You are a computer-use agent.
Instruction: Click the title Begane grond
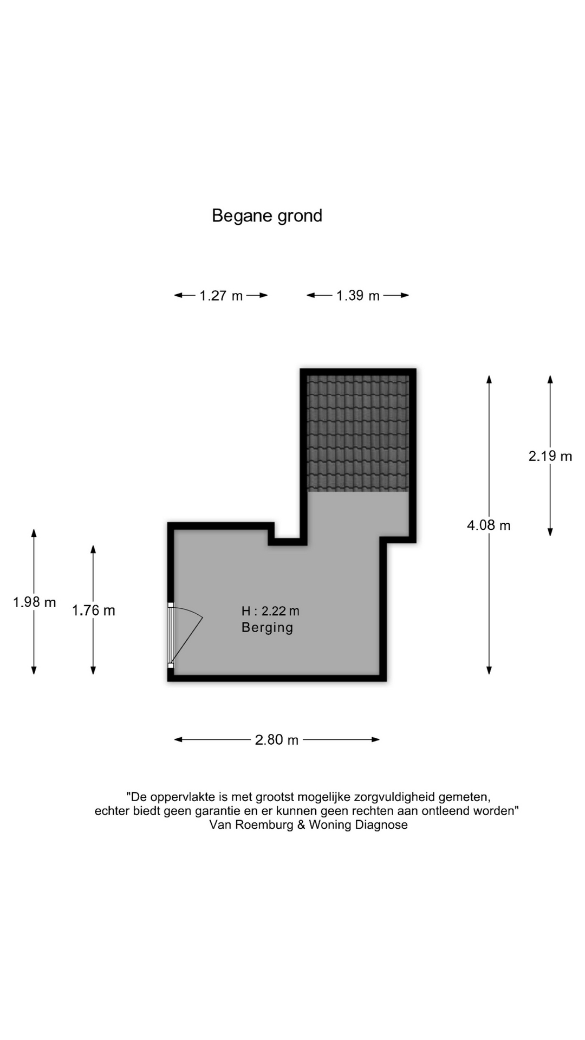[267, 216]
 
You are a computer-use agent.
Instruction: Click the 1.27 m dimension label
[221, 296]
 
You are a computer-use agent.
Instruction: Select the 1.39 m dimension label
[358, 296]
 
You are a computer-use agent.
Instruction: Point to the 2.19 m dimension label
[550, 456]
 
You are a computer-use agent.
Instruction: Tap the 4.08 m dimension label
[489, 525]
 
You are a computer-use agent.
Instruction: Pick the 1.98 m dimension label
[34, 602]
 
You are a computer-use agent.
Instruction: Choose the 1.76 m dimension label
[94, 610]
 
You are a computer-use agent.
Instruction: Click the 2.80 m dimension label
[277, 740]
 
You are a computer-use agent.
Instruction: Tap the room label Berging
[267, 628]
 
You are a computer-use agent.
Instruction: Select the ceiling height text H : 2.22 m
[270, 611]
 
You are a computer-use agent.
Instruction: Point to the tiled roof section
[358, 433]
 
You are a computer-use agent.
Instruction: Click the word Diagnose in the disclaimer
[381, 825]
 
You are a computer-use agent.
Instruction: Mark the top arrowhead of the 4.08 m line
[489, 379]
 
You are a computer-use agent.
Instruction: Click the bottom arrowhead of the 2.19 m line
[550, 532]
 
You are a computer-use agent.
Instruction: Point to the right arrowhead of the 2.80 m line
[375, 739]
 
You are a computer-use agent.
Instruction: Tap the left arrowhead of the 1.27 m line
[178, 295]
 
